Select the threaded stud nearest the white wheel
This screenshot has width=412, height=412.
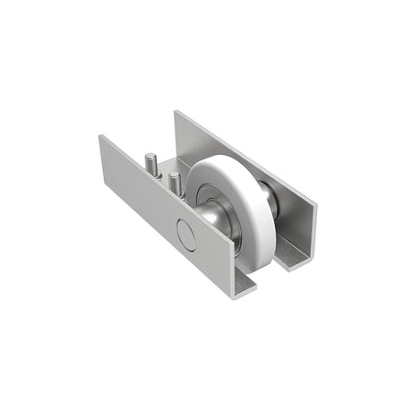175,183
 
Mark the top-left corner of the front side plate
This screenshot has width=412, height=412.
101,136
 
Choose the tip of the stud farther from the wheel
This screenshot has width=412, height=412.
150,156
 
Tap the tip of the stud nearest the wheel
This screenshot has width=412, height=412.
176,174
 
